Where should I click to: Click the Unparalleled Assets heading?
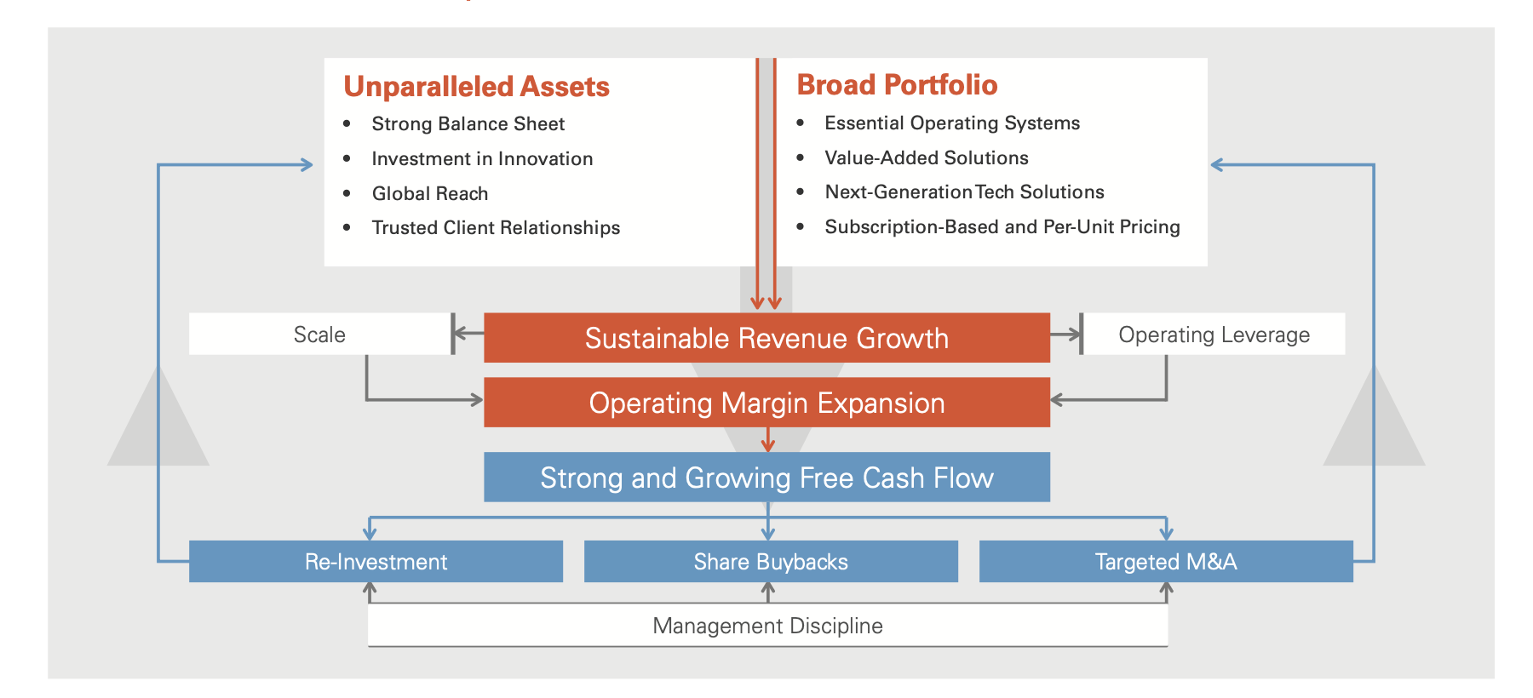(476, 87)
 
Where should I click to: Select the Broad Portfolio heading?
(897, 85)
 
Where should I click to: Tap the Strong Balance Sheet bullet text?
(468, 124)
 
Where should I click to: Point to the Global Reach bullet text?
(430, 194)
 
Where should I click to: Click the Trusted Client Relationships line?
(496, 228)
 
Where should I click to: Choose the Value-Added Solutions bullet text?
(926, 158)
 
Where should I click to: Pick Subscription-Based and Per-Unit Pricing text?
(1002, 227)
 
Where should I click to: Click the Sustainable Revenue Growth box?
(766, 338)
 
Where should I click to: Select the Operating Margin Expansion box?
(766, 403)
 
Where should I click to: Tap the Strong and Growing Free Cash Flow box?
(766, 478)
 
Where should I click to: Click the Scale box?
(319, 335)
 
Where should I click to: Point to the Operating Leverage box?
(1214, 335)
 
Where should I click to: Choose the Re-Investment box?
(376, 562)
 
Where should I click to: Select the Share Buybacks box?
(771, 562)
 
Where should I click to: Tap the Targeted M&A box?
(1166, 562)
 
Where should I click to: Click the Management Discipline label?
(767, 626)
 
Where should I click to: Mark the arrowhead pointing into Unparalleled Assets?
(307, 165)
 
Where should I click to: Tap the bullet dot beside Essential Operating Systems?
(800, 123)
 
